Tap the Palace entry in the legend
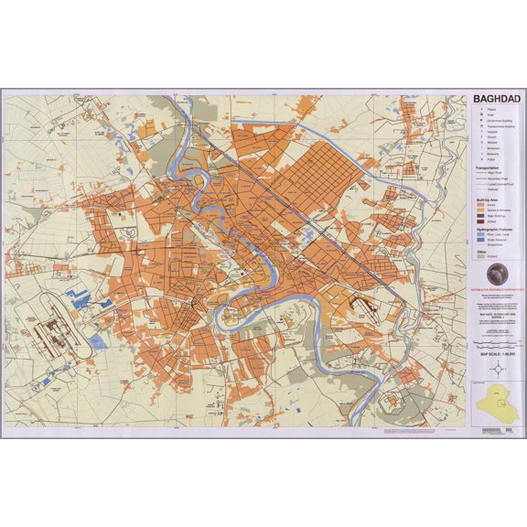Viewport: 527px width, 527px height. click(x=491, y=110)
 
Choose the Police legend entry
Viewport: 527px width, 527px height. click(x=491, y=160)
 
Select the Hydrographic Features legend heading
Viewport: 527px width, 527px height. click(x=490, y=229)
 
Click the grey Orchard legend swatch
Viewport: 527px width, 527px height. click(x=481, y=257)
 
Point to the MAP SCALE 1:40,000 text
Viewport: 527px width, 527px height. click(x=495, y=353)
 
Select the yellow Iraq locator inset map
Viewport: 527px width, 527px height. click(x=495, y=403)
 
